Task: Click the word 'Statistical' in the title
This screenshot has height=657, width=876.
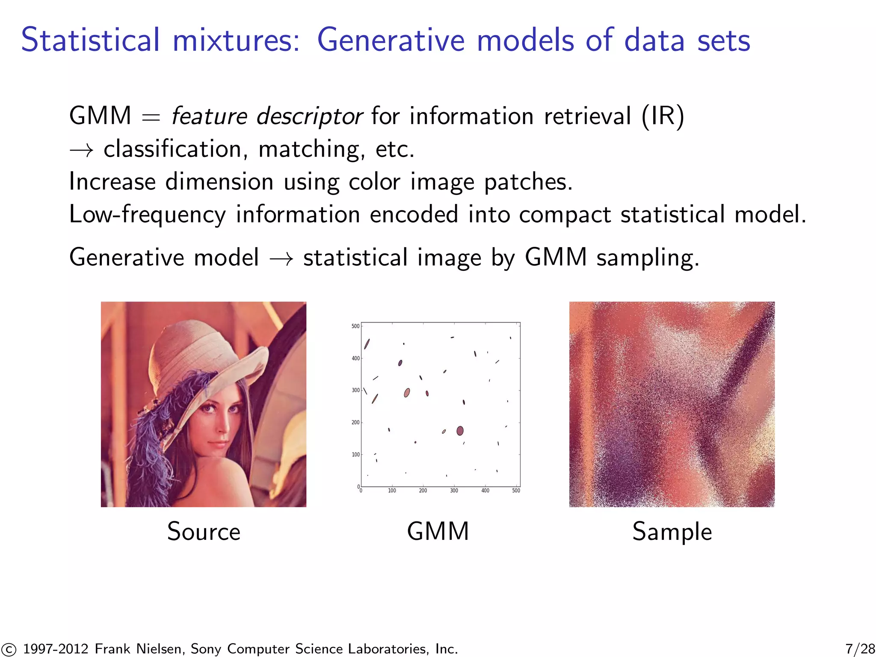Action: pyautogui.click(x=90, y=40)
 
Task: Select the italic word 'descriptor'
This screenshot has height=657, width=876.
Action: pyautogui.click(x=309, y=116)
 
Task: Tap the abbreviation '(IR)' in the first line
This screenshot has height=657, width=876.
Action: pyautogui.click(x=663, y=116)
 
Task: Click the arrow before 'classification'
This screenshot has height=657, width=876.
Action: pyautogui.click(x=81, y=150)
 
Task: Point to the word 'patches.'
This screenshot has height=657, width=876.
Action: pyautogui.click(x=528, y=182)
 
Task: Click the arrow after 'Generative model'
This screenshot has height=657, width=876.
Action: pyautogui.click(x=281, y=258)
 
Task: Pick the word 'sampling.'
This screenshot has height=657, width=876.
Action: pyautogui.click(x=648, y=258)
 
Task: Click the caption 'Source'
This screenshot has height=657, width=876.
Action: pyautogui.click(x=204, y=532)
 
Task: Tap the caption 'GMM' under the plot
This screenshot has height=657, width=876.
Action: pyautogui.click(x=438, y=532)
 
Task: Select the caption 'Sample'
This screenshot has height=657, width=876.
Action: pyautogui.click(x=672, y=532)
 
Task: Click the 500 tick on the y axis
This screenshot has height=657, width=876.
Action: pyautogui.click(x=355, y=326)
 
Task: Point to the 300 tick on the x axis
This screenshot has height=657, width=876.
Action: pyautogui.click(x=454, y=491)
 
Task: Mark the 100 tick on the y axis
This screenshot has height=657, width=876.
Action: pyautogui.click(x=355, y=455)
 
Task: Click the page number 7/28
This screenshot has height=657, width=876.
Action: pyautogui.click(x=860, y=649)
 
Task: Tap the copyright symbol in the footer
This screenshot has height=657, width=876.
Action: pyautogui.click(x=9, y=649)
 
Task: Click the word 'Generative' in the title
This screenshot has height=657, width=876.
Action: pyautogui.click(x=391, y=40)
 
